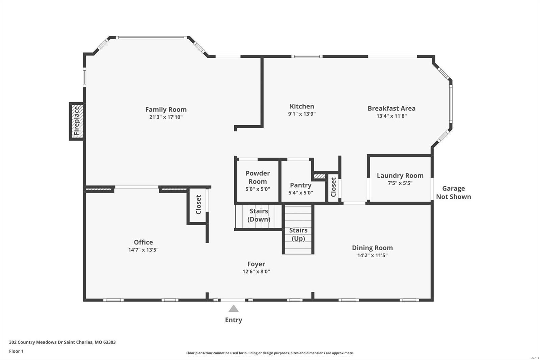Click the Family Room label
(166, 109)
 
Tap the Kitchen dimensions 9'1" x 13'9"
(302, 114)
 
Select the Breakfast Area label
(391, 108)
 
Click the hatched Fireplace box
(77, 121)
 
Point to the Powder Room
(258, 181)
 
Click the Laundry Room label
(400, 176)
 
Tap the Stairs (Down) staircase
(259, 215)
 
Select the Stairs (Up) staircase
(298, 234)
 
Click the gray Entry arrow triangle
(234, 309)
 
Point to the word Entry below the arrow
(234, 320)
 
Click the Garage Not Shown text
(453, 192)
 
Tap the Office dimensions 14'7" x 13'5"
(143, 250)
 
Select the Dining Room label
(372, 248)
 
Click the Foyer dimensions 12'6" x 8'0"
(256, 272)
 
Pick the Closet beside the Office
(198, 205)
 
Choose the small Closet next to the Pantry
(333, 187)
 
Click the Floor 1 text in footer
(16, 351)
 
